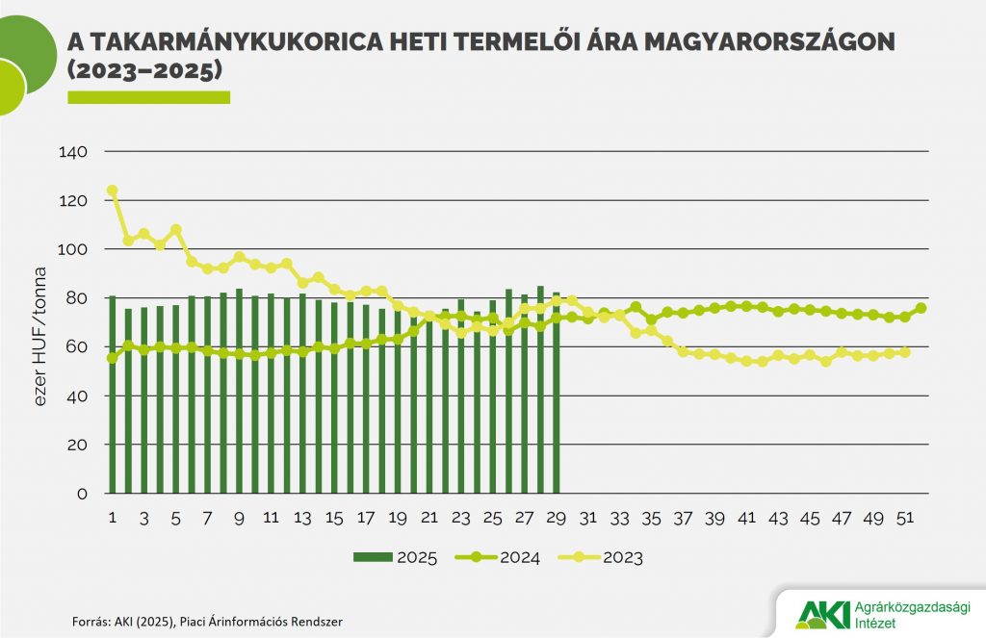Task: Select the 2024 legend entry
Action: [501, 557]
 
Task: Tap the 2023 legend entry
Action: [604, 557]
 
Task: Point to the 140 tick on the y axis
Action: [73, 152]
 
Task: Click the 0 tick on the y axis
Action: [82, 494]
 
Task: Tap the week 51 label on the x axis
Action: [904, 518]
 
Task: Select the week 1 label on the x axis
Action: [113, 518]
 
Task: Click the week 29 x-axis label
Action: [556, 518]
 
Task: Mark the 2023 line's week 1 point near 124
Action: [113, 191]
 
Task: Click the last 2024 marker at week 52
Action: [921, 308]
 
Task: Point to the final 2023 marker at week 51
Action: [904, 352]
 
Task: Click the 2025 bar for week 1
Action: [113, 395]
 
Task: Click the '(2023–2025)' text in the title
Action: [144, 71]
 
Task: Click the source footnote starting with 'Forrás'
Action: [207, 622]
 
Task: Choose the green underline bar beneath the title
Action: [148, 97]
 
